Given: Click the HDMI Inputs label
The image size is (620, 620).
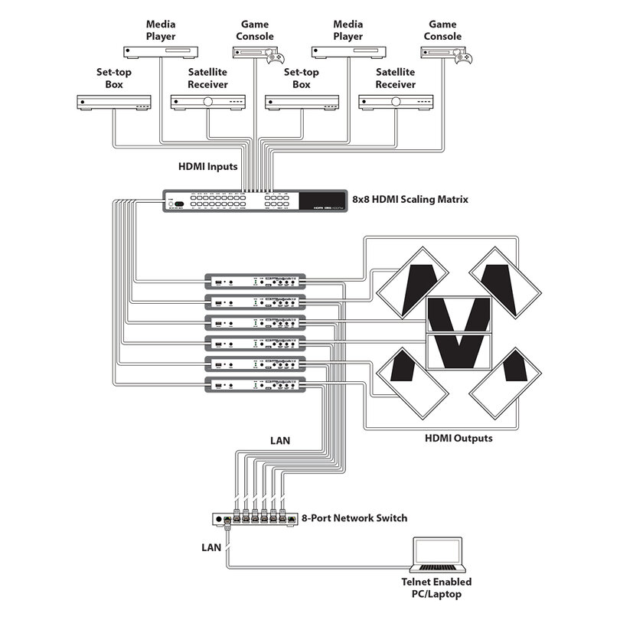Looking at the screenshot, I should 208,166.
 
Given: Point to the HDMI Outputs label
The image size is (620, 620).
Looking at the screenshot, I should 458,439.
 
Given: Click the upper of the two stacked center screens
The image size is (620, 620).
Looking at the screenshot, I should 458,314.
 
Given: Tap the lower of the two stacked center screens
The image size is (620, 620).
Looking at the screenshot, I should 458,351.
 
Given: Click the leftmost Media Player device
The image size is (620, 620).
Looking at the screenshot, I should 161,51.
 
